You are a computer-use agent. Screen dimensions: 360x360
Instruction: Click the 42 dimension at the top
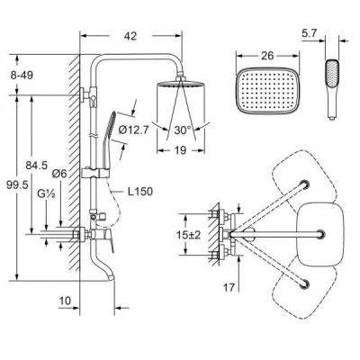click(x=130, y=36)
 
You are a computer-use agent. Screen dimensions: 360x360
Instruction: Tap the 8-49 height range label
click(x=22, y=75)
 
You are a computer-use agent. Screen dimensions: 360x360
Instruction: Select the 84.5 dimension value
click(x=36, y=165)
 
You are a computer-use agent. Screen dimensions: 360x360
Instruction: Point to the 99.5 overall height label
click(x=17, y=184)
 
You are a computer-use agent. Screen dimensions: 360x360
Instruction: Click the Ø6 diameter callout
click(x=59, y=174)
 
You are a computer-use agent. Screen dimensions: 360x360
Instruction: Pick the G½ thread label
click(x=46, y=193)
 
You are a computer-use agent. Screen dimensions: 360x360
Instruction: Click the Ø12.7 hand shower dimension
click(x=133, y=130)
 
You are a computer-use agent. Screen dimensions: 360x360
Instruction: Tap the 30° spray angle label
click(x=183, y=130)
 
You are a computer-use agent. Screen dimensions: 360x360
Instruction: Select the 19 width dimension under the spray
click(x=180, y=150)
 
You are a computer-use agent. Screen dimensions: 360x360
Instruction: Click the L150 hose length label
click(x=140, y=192)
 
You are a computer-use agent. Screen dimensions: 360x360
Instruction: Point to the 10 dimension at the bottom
click(x=65, y=301)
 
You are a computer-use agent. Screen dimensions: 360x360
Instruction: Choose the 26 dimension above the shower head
click(x=267, y=56)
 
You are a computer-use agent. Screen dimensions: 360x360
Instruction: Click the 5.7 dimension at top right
click(x=309, y=33)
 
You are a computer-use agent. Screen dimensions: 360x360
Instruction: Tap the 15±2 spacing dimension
click(x=189, y=235)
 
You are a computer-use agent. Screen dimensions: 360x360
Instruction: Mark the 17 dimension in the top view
click(x=229, y=288)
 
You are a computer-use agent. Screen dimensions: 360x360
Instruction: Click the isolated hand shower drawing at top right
click(x=332, y=89)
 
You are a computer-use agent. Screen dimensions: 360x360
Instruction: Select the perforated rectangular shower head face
click(x=265, y=91)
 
